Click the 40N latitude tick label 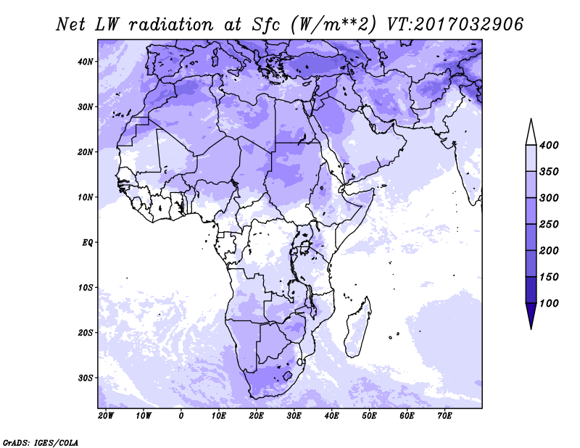[x=86, y=62]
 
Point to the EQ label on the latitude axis [x=88, y=243]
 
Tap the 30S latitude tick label [x=86, y=378]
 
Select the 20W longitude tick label [x=106, y=416]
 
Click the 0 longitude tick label [x=181, y=416]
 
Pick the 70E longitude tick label [x=444, y=416]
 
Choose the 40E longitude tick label [x=331, y=416]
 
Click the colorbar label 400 [x=549, y=145]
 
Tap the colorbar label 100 [x=549, y=303]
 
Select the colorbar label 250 [x=549, y=224]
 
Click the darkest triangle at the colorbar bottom [x=531, y=314]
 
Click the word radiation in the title [x=171, y=25]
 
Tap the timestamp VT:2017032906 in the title [x=455, y=25]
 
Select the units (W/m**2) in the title [x=333, y=25]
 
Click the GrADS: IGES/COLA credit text [x=41, y=442]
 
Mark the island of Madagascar [x=357, y=328]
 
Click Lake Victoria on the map [x=304, y=245]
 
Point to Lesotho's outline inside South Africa [x=287, y=376]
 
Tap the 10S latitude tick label [x=86, y=288]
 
